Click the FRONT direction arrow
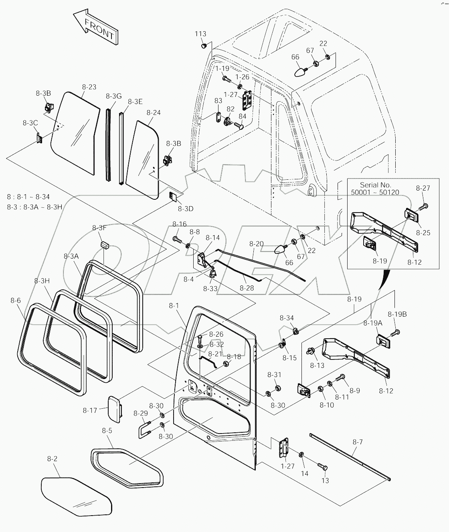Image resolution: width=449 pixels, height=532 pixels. (96, 28)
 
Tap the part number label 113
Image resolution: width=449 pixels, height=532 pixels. (200, 34)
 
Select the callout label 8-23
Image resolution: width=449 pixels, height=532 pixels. (89, 87)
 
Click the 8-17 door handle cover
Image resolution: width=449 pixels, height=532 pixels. (115, 410)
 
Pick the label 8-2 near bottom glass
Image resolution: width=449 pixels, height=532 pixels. (53, 459)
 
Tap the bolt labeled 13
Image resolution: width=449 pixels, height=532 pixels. (322, 466)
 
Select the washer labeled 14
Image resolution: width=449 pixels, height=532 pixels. (301, 455)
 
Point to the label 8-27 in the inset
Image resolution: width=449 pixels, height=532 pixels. (423, 188)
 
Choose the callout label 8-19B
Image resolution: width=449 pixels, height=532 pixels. (397, 314)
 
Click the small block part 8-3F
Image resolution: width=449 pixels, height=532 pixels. (105, 245)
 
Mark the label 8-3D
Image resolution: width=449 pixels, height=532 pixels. (186, 209)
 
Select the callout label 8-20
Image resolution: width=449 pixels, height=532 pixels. (256, 244)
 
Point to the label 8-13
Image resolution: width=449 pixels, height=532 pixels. (317, 365)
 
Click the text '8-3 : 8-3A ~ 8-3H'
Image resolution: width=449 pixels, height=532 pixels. (35, 207)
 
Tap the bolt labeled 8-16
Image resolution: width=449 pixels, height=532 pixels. (178, 239)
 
